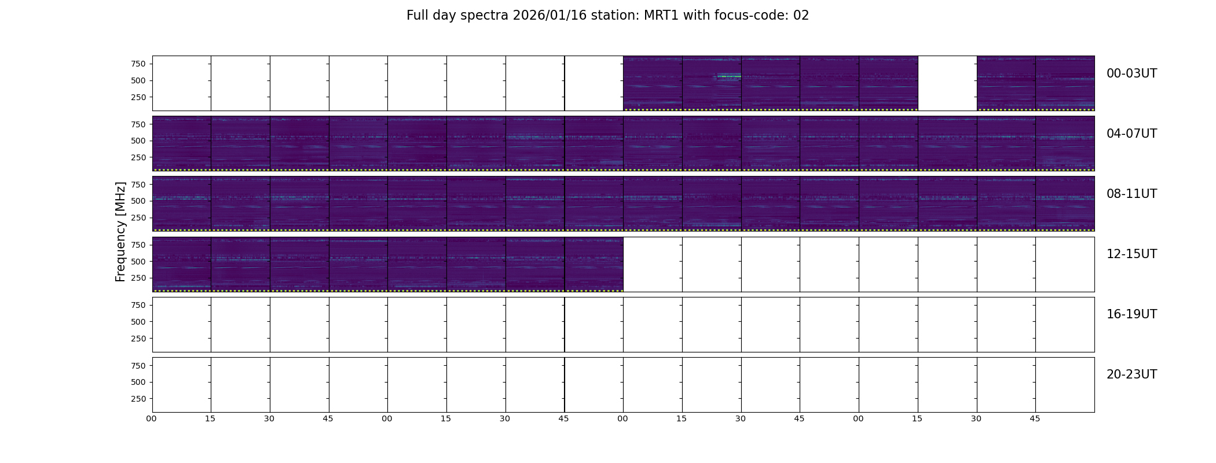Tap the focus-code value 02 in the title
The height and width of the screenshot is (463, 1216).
[801, 16]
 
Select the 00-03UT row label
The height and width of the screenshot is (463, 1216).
[1131, 74]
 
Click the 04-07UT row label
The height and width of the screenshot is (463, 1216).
[1131, 134]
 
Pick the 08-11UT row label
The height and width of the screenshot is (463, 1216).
[1131, 194]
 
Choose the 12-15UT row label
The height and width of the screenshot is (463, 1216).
[1131, 254]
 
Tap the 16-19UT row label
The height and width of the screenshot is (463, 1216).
[1131, 314]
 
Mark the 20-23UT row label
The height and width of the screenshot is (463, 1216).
[1131, 374]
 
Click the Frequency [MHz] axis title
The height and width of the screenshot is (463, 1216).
[120, 231]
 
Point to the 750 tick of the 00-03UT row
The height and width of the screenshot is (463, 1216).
[138, 64]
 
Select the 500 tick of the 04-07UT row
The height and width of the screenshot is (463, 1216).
[138, 141]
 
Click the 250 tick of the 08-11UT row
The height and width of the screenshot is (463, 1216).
[138, 218]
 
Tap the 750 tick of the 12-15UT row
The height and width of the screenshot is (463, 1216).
[138, 245]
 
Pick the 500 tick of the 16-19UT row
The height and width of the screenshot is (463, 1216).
[138, 322]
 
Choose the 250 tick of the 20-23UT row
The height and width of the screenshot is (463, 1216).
[138, 399]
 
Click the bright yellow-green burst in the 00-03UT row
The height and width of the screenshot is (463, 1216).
[729, 76]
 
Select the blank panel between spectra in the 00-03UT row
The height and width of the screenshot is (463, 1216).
[947, 83]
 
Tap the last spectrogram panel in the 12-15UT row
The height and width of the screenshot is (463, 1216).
[594, 264]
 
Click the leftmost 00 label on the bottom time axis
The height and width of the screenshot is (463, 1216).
[151, 418]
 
